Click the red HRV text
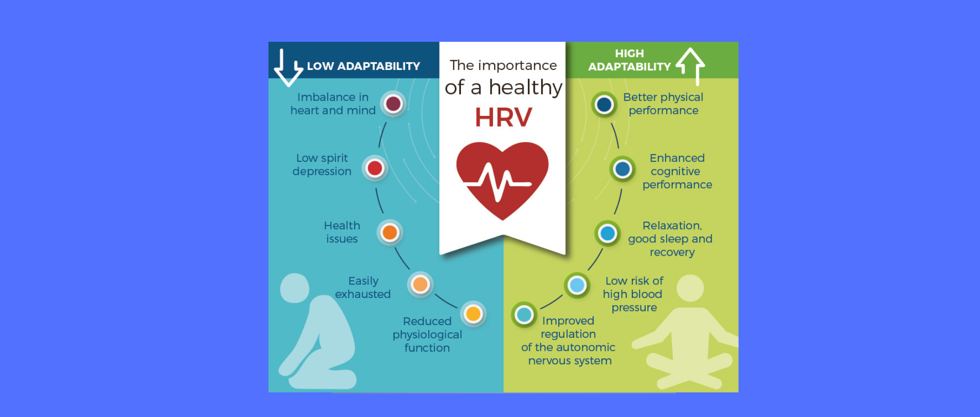(503, 117)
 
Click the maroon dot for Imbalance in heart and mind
(393, 104)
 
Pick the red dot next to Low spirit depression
(375, 168)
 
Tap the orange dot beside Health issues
(390, 233)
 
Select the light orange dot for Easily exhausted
(420, 284)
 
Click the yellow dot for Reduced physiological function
(473, 314)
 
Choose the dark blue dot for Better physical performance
(604, 105)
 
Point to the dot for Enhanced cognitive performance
(622, 169)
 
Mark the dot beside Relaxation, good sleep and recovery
(607, 233)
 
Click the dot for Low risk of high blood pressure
(577, 285)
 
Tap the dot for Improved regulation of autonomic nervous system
(524, 315)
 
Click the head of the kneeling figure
(295, 288)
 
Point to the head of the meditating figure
(690, 288)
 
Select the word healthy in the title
(525, 88)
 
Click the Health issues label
(342, 232)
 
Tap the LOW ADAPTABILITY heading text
(363, 66)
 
